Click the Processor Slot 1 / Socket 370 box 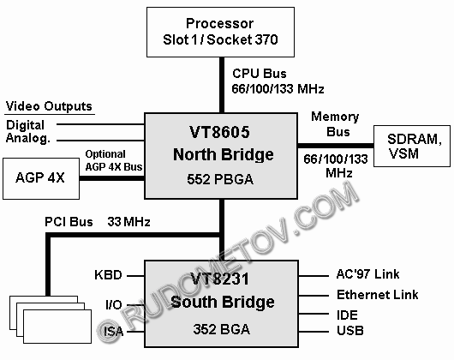tap(220, 32)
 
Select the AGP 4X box tap(41, 178)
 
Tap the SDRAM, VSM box tap(412, 146)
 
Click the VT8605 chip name tap(219, 132)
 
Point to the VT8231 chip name tap(219, 279)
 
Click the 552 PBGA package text tap(220, 179)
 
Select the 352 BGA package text tap(222, 329)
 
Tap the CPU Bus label tap(260, 74)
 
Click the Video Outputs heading tap(49, 106)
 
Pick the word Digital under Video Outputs tap(25, 125)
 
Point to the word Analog tap(28, 138)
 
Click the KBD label tap(108, 275)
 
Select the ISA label tap(113, 332)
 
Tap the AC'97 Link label tap(367, 274)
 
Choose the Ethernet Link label tap(377, 295)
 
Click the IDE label tap(347, 315)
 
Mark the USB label tap(350, 331)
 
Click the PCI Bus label tap(69, 222)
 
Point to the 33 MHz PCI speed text tap(128, 222)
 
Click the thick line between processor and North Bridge tap(222, 85)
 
